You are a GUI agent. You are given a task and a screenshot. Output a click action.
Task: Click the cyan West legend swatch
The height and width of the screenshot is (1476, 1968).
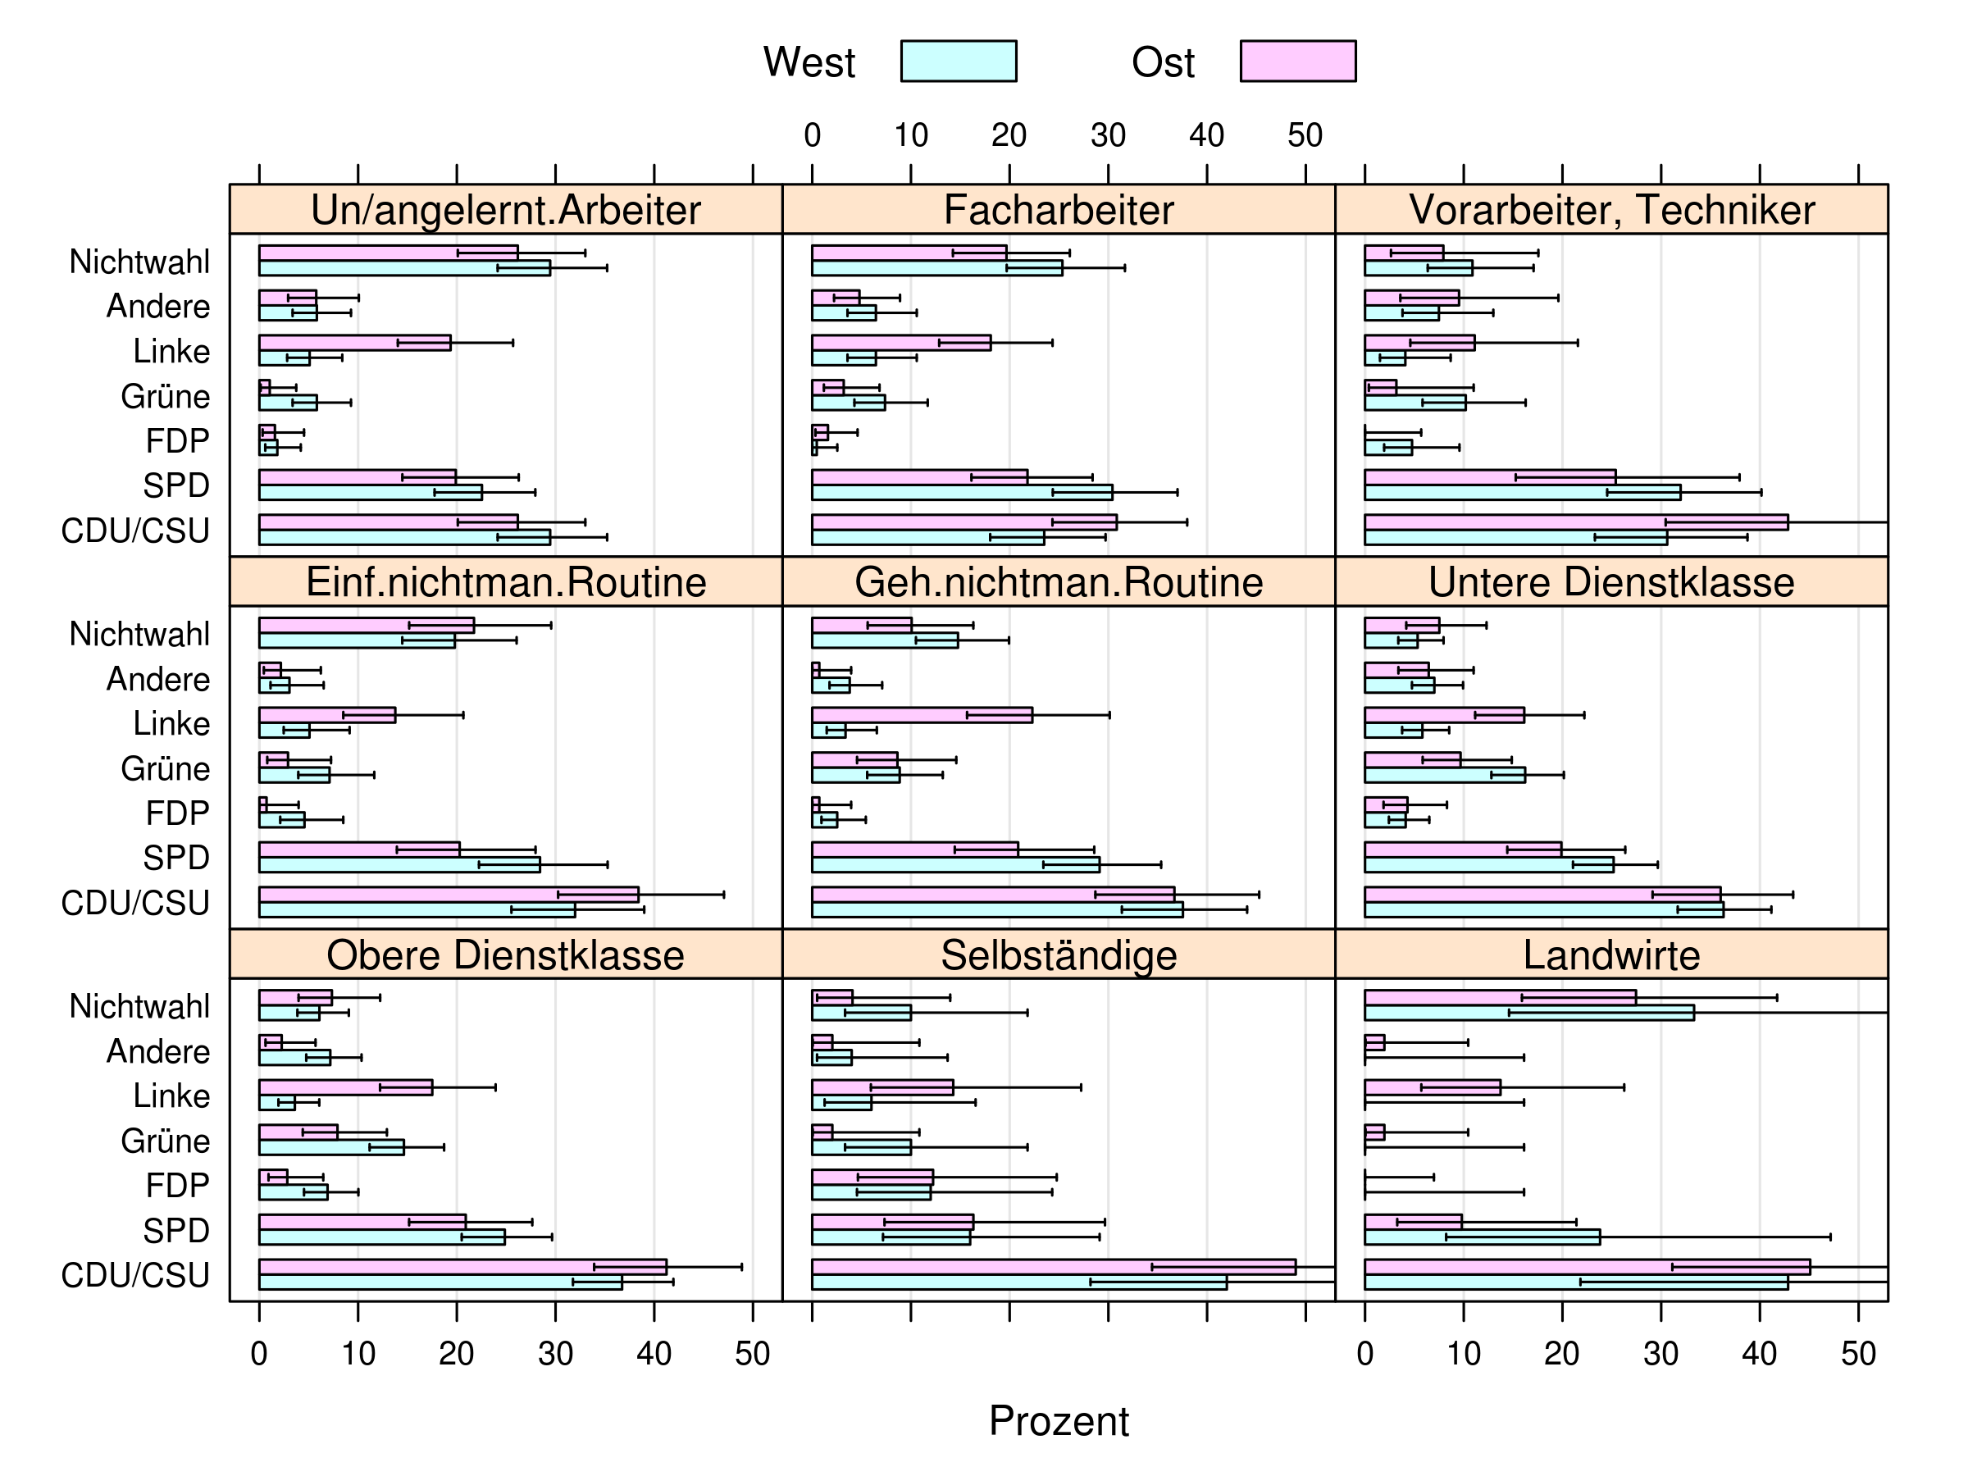[x=959, y=61]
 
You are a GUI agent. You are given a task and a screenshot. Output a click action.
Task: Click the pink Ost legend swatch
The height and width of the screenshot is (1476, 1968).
[x=1297, y=61]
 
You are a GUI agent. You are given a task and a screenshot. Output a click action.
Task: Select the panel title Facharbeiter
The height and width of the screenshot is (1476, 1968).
[x=1058, y=210]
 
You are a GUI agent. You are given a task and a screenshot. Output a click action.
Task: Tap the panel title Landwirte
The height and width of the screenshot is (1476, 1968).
[x=1610, y=954]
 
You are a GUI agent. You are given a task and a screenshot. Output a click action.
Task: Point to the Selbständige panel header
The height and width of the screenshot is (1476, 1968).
[x=1058, y=954]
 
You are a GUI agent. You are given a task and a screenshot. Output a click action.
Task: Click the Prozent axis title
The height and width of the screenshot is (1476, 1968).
[x=1058, y=1421]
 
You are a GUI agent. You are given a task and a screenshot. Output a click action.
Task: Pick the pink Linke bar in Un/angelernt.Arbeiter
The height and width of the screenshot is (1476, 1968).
[x=354, y=343]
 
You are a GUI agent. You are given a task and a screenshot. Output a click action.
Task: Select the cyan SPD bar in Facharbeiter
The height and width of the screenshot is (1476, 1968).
[x=961, y=493]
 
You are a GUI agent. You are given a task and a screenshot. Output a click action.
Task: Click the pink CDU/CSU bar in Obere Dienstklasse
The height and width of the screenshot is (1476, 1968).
[x=462, y=1267]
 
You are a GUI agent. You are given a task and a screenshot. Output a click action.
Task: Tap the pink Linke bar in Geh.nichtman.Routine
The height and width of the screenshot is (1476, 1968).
[x=921, y=715]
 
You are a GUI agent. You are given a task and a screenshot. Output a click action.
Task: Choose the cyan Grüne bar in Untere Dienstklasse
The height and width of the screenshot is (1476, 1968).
[x=1444, y=775]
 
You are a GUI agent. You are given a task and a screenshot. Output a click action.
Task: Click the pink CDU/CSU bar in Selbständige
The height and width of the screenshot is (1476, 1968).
[x=1053, y=1267]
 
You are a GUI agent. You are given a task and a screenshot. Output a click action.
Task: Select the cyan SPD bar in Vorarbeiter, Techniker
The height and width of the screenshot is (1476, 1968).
[x=1521, y=493]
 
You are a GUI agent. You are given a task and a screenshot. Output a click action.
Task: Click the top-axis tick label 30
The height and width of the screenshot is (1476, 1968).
[x=1108, y=135]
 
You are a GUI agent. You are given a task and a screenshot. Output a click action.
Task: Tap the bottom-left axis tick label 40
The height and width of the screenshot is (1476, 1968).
[x=654, y=1353]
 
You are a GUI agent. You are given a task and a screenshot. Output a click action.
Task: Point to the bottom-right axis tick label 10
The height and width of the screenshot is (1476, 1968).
[x=1463, y=1353]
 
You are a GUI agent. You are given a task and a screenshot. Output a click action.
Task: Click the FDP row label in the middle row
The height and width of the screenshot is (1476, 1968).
[x=177, y=813]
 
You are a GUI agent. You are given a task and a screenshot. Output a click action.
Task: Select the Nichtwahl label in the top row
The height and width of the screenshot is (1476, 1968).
[x=139, y=262]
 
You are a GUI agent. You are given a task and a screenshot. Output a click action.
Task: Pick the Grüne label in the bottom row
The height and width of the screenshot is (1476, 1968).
[x=166, y=1141]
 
